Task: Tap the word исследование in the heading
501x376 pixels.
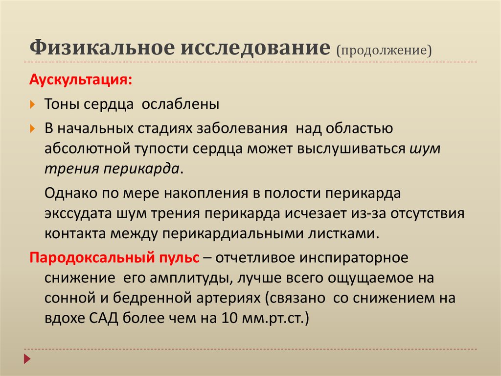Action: coord(255,49)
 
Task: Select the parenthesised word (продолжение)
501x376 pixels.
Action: coord(384,50)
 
